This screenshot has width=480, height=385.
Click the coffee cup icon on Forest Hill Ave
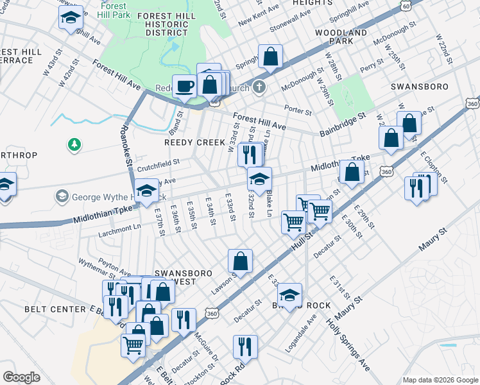click(185, 85)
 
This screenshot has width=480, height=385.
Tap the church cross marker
click(259, 87)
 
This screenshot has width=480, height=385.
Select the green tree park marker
click(75, 145)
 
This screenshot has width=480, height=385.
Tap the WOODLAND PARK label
click(341, 37)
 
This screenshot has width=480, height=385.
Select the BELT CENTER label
click(55, 309)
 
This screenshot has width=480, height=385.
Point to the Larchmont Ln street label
click(119, 227)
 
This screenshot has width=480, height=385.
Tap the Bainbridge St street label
click(342, 124)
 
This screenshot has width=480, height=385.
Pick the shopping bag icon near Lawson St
click(240, 261)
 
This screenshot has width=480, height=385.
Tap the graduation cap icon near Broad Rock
click(289, 295)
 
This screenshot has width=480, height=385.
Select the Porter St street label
click(298, 111)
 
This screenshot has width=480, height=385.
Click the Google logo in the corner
click(22, 377)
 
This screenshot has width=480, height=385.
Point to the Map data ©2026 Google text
click(440, 380)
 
